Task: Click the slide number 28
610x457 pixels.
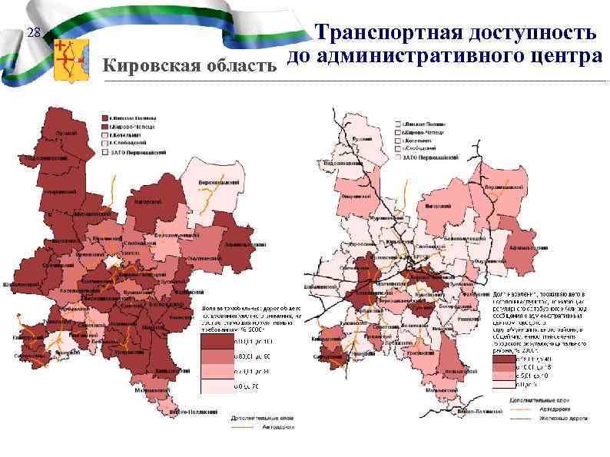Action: (x=31, y=33)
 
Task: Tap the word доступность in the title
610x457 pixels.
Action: (x=530, y=33)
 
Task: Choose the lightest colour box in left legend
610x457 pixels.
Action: (x=217, y=385)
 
